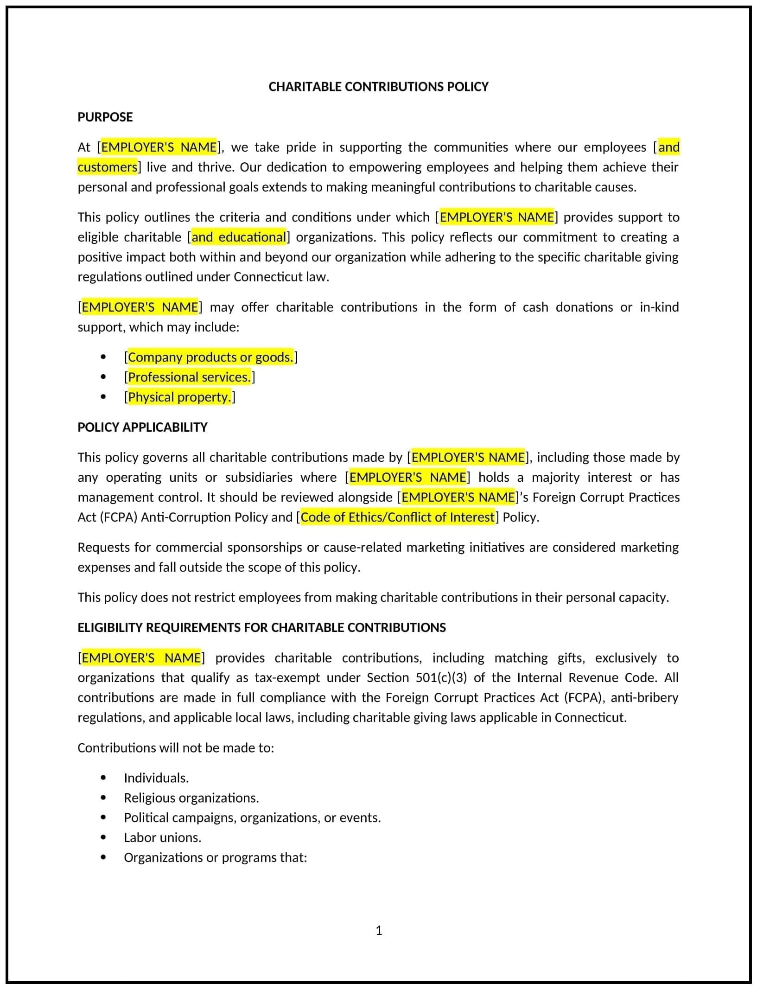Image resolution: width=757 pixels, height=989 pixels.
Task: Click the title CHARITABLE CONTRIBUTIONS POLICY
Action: pos(378,87)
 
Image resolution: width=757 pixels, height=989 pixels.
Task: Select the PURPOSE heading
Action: pos(105,117)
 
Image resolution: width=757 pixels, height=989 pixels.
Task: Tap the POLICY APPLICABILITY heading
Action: pos(142,427)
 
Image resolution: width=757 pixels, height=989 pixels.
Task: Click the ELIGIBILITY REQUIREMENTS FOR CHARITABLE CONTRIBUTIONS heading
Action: pos(261,627)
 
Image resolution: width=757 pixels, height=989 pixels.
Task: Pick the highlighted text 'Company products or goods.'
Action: pos(210,357)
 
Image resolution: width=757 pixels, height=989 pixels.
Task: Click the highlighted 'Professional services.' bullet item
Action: pos(189,377)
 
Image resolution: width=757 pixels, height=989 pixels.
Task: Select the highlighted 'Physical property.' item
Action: pos(179,397)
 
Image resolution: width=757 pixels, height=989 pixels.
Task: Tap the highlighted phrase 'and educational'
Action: pos(239,237)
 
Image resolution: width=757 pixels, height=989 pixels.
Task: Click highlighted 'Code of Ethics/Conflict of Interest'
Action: pos(398,517)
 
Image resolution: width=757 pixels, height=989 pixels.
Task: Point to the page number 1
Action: pos(379,930)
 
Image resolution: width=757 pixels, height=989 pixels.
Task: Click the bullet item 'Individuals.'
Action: pos(156,778)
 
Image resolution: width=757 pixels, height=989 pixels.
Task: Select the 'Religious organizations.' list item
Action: pos(191,798)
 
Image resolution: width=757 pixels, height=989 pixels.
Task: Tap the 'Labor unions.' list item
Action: pos(162,837)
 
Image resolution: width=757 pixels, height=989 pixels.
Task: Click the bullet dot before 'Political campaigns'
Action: pos(103,817)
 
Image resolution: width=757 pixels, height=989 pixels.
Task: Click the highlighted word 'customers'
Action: pos(108,167)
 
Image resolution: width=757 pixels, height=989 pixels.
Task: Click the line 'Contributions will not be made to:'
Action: pos(176,747)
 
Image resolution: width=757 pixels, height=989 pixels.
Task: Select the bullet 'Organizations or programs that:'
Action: pos(215,857)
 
